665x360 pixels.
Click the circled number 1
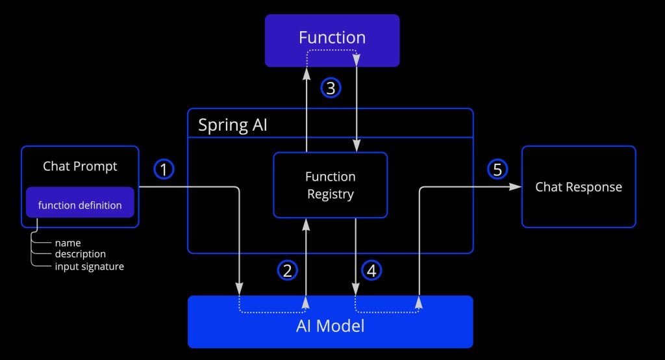tap(164, 169)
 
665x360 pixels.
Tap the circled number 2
tap(288, 270)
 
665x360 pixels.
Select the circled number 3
tap(331, 88)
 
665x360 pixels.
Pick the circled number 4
tap(371, 270)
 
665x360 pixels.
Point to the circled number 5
tap(497, 169)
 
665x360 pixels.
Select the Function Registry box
tap(331, 185)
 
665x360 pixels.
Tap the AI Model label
tap(331, 326)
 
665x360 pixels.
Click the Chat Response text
tap(579, 187)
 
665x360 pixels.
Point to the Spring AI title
tap(232, 125)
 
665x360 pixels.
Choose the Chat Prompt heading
tap(80, 166)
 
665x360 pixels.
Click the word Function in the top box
tap(332, 37)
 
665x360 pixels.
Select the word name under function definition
tap(68, 243)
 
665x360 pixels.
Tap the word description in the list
tap(80, 254)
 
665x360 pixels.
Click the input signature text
tap(90, 266)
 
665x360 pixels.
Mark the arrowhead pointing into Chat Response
tap(515, 186)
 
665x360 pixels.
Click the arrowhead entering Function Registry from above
tap(357, 146)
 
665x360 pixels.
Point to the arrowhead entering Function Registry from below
tap(306, 225)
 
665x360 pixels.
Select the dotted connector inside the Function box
tap(332, 50)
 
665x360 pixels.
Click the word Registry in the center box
tap(331, 194)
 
